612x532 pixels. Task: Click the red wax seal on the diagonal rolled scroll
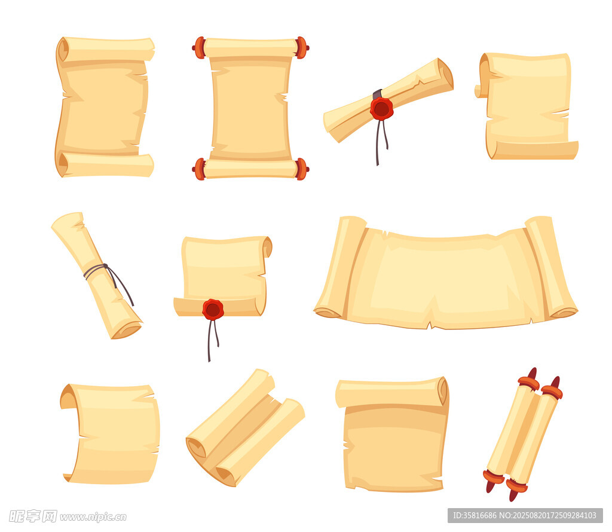coord(381,109)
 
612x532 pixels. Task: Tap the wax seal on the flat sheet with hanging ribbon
coord(213,310)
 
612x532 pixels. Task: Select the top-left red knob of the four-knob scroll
coord(200,48)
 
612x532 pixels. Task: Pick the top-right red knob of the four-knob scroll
coord(302,48)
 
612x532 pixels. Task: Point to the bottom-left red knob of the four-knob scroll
coord(200,169)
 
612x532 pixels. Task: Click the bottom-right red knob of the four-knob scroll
coord(302,169)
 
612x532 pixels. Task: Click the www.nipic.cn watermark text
coord(93,517)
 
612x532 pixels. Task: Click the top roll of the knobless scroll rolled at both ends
coord(105,49)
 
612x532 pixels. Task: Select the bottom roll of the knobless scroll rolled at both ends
coord(105,165)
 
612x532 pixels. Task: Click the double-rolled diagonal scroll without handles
coord(246,428)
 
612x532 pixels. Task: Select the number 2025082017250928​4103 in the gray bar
coord(554,516)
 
